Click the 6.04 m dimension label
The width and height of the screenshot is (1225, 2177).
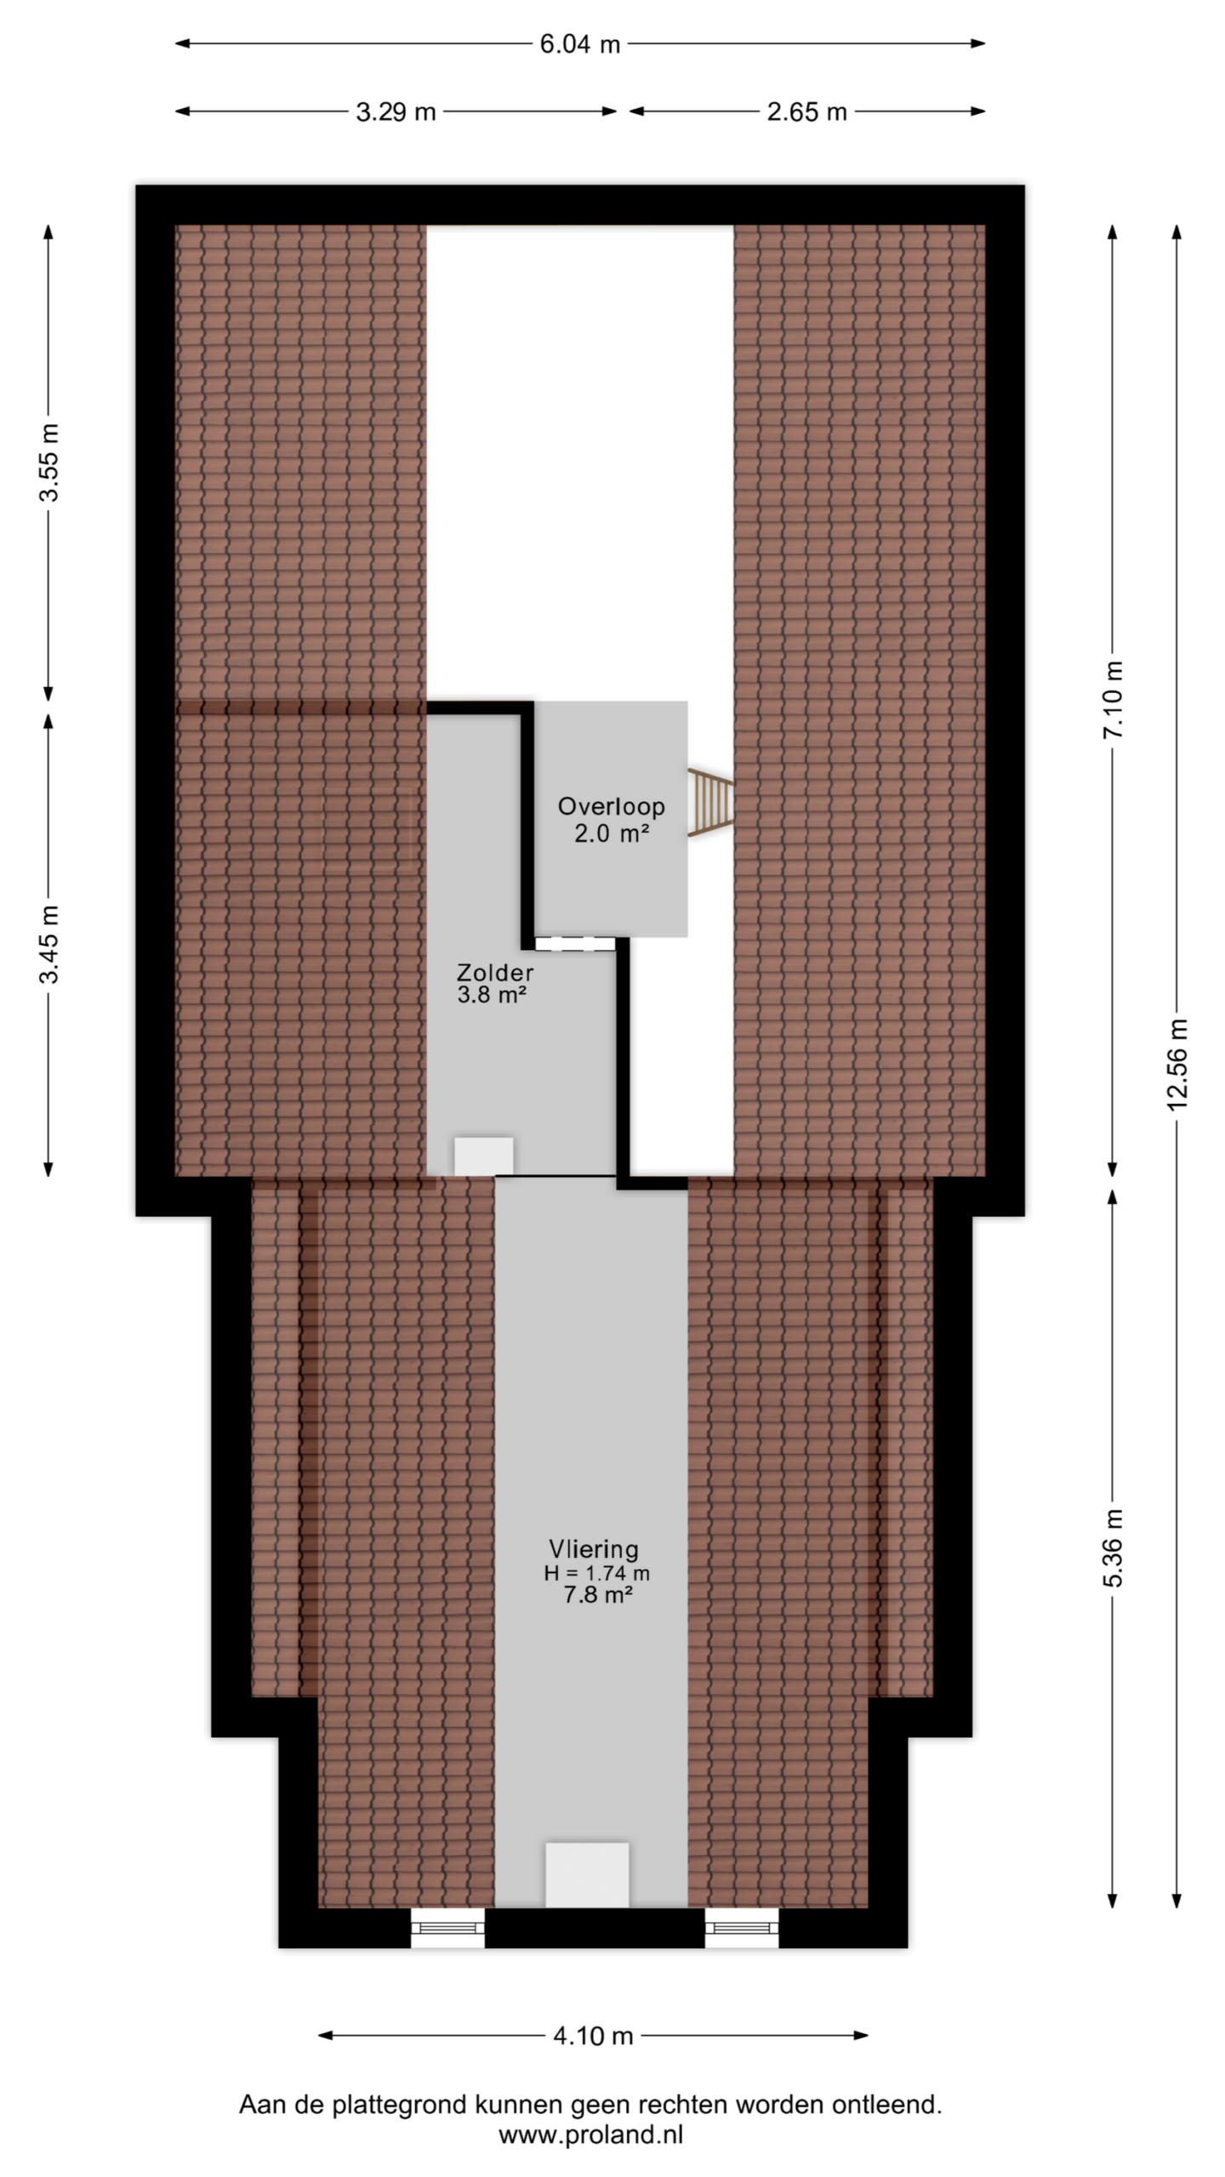(x=579, y=44)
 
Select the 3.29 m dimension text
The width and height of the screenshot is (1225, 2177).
(x=396, y=111)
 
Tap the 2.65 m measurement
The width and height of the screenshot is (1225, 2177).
(x=806, y=111)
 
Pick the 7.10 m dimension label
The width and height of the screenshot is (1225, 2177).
(x=1114, y=700)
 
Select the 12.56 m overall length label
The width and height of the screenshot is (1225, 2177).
(x=1177, y=1064)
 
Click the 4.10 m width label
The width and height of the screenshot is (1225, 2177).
(x=593, y=2036)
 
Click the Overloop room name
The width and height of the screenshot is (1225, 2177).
(x=611, y=806)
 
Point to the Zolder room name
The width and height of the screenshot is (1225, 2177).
(x=495, y=973)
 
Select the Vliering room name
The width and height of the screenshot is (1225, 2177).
(x=594, y=1549)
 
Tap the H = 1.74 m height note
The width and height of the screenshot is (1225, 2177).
(x=597, y=1573)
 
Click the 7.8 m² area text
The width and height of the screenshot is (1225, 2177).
(x=597, y=1595)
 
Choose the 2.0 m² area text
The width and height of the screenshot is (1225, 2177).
(x=611, y=833)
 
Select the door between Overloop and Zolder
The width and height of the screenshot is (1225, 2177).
(x=575, y=943)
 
